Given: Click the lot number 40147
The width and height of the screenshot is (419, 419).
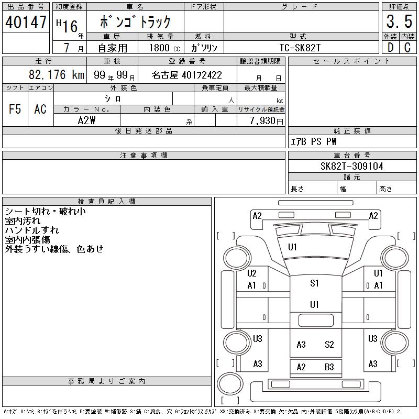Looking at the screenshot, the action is [26, 22].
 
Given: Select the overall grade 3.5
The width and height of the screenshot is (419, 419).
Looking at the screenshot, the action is [399, 21].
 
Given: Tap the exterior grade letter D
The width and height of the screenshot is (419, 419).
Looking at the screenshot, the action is [390, 48].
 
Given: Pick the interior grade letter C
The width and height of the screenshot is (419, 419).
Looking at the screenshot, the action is [407, 48].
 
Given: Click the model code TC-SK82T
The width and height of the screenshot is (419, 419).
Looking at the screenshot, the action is [300, 48].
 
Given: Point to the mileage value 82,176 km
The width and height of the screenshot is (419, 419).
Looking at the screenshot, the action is [57, 74].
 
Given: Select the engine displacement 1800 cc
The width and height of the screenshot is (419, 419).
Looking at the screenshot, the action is [164, 48].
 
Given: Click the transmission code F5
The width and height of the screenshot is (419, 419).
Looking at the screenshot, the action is [15, 109].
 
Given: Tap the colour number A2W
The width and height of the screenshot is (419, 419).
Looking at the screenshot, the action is [86, 120].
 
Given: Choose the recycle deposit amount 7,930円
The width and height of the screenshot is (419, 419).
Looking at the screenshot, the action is [267, 121].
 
